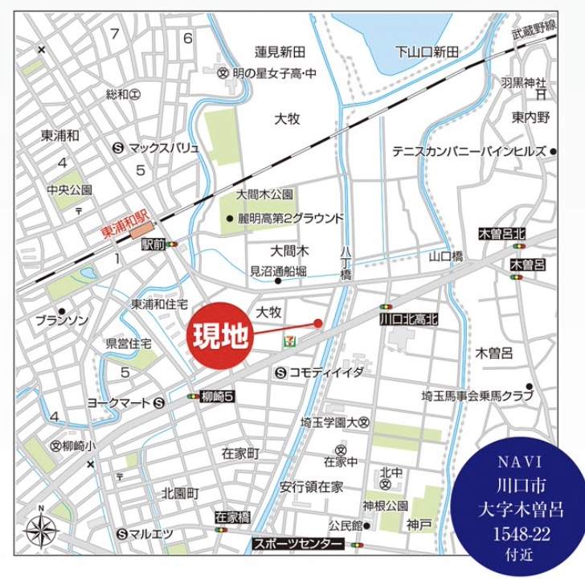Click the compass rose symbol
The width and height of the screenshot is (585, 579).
(x=41, y=530)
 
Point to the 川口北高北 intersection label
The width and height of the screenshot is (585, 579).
(x=409, y=319)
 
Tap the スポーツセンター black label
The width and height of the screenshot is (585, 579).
(x=298, y=544)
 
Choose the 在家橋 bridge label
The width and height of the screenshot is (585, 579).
(x=233, y=517)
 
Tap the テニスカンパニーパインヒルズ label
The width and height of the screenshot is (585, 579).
(x=469, y=151)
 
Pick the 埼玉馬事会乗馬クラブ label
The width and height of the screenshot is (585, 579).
(x=477, y=396)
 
